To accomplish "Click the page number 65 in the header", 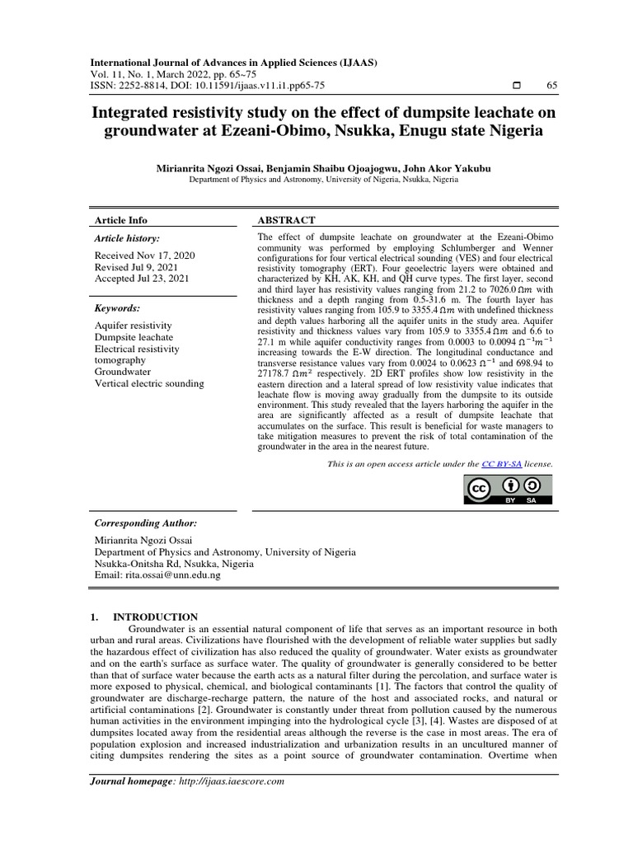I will pyautogui.click(x=551, y=86).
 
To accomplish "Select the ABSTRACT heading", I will pyautogui.click(x=286, y=220).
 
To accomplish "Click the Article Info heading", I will pyautogui.click(x=121, y=220).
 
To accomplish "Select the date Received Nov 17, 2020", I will pyautogui.click(x=143, y=256).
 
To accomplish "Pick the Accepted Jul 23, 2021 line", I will pyautogui.click(x=142, y=279).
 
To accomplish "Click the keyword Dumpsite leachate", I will pyautogui.click(x=134, y=337).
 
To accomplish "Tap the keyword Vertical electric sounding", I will pyautogui.click(x=149, y=383).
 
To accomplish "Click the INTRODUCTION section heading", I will pyautogui.click(x=155, y=617).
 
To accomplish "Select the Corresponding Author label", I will pyautogui.click(x=146, y=523).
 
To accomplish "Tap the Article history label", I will pyautogui.click(x=127, y=238).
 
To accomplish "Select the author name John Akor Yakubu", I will pyautogui.click(x=454, y=167).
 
